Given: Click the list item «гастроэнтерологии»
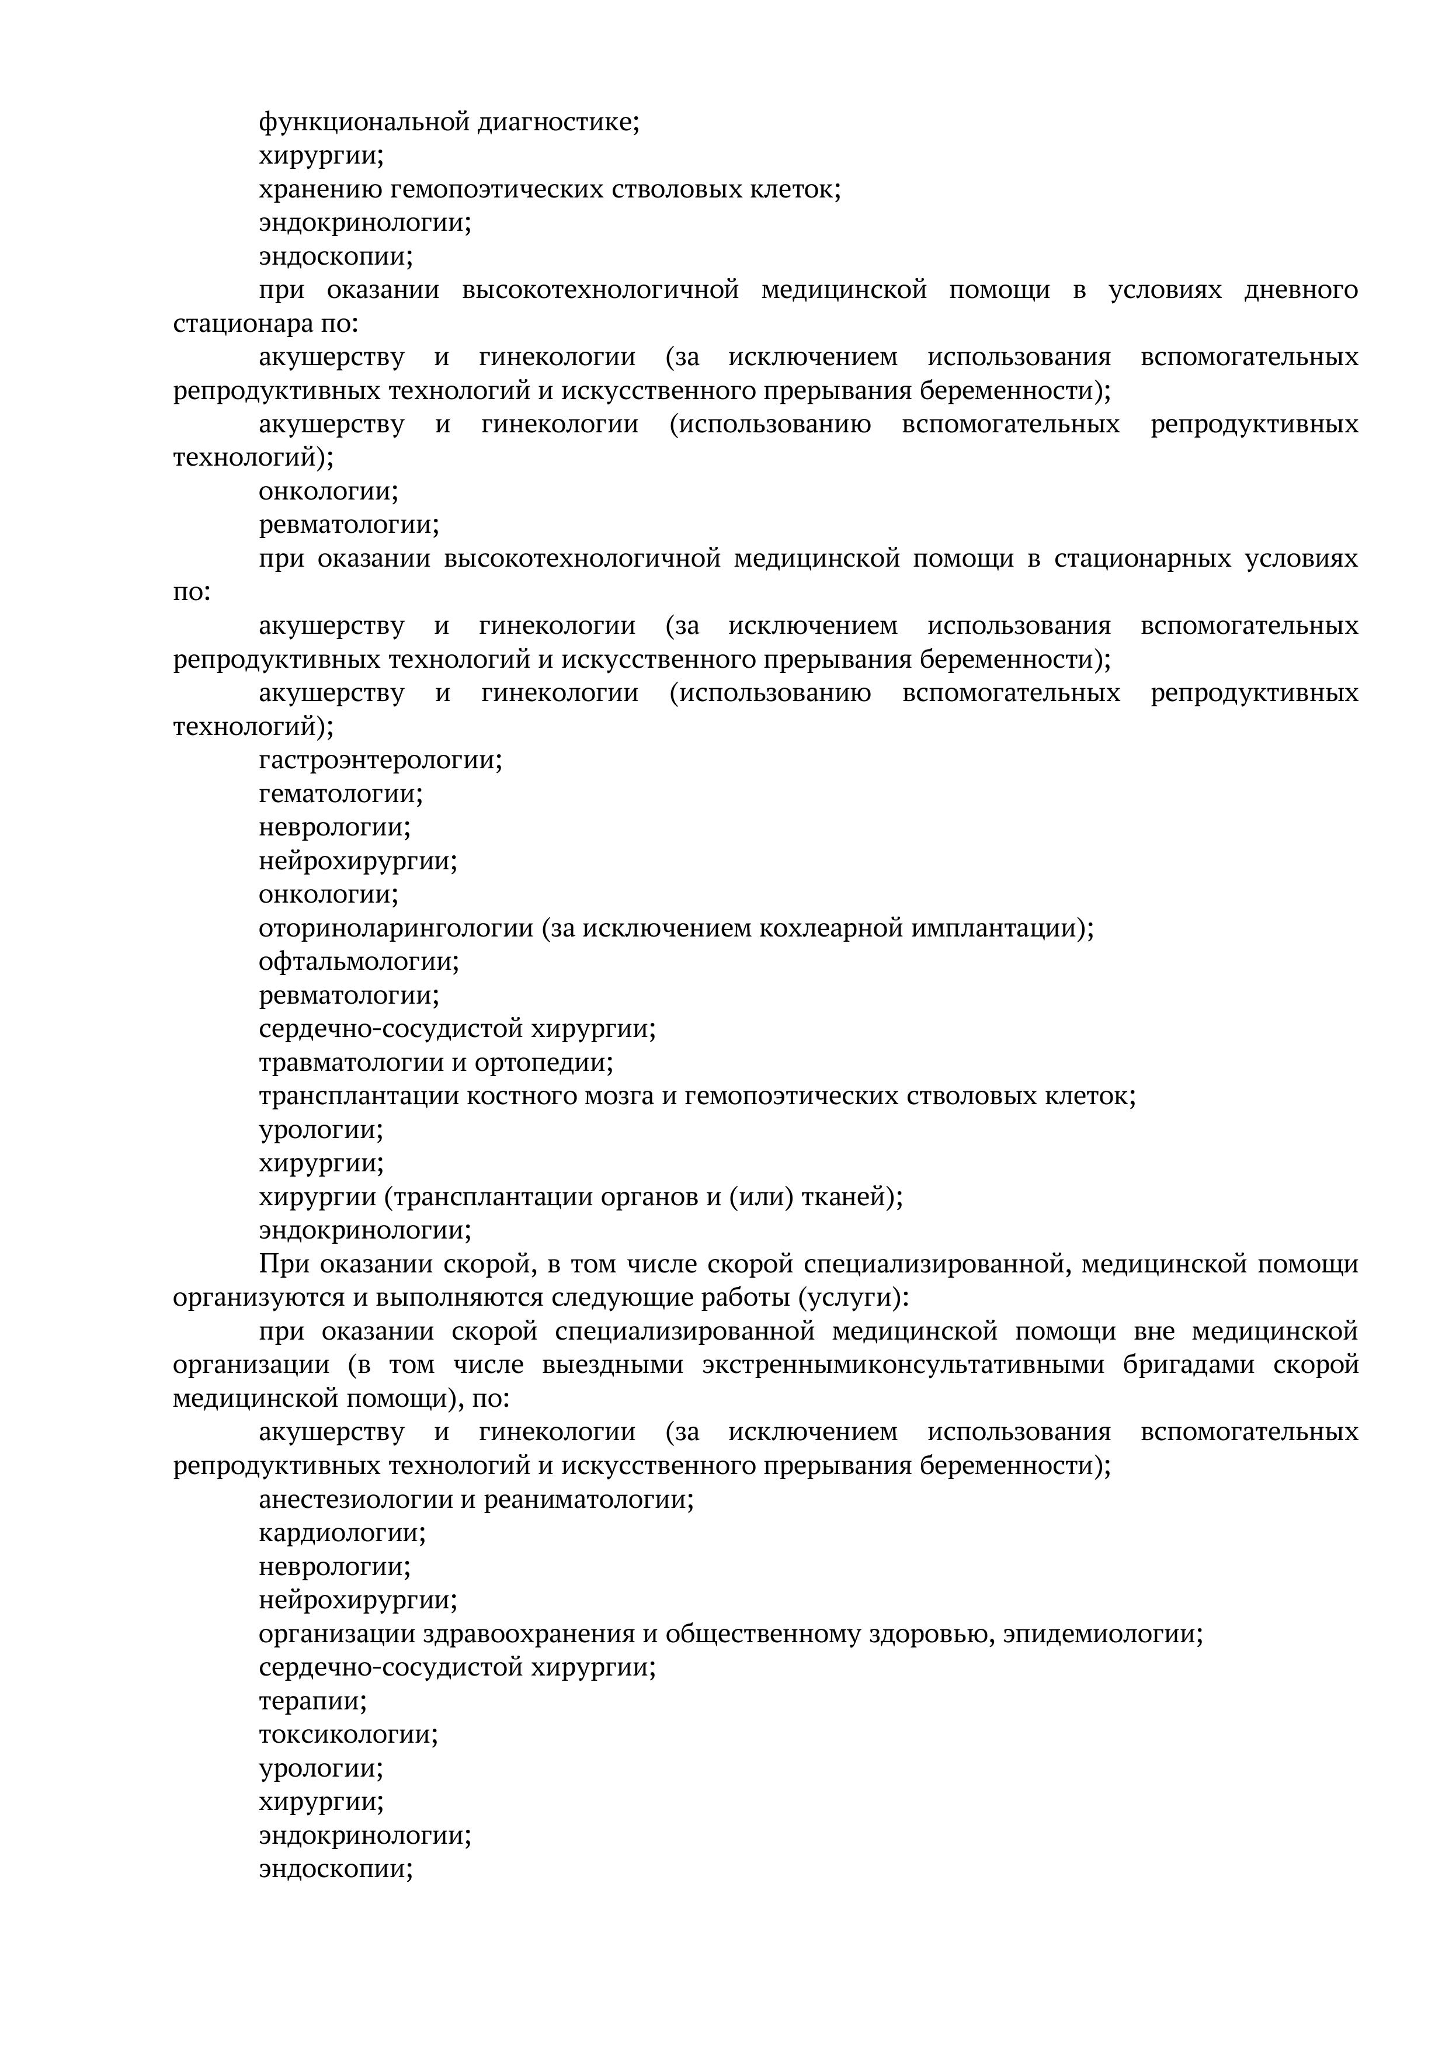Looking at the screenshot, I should coord(380,761).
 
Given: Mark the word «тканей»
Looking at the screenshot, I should coord(852,1196).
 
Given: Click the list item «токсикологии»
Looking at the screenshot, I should coord(348,1735).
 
